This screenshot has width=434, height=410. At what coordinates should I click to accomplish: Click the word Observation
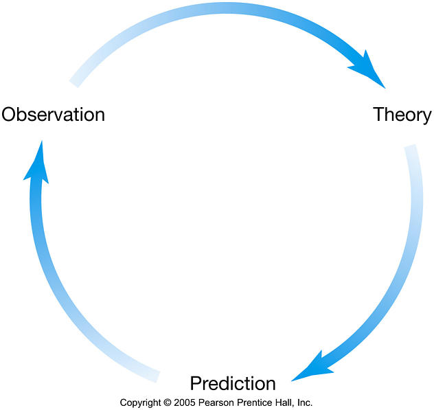53,114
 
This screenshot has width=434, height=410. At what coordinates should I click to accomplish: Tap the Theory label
402,115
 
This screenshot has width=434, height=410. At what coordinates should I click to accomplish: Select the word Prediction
233,383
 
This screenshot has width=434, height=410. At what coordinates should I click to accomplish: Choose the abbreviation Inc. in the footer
304,403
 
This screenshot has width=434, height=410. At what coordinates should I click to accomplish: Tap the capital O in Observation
8,114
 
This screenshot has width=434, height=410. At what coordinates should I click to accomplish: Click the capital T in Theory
379,114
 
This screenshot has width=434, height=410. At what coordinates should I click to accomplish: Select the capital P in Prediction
196,383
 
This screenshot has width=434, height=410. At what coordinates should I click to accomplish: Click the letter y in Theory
427,117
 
